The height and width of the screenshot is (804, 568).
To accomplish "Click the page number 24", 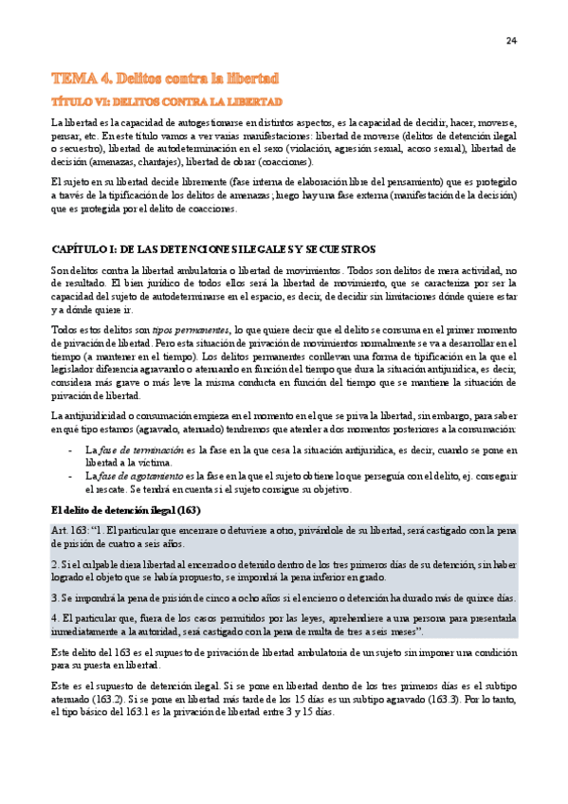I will [x=510, y=41].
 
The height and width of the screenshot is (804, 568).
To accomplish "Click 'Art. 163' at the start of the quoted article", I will [x=70, y=529].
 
